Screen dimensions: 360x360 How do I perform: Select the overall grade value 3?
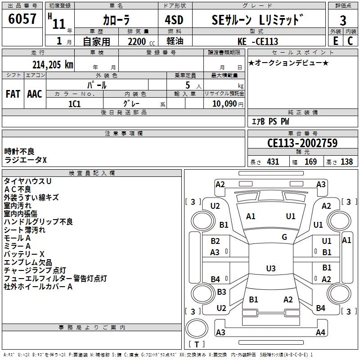pos(343,20)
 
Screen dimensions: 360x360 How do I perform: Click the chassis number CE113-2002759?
pos(302,144)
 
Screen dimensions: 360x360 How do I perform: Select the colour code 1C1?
pos(74,103)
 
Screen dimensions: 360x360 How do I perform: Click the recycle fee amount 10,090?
pos(223,103)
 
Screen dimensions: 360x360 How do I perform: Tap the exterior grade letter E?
pos(335,41)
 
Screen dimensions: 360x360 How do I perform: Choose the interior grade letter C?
pos(350,41)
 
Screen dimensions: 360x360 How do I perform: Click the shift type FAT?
pos(13,94)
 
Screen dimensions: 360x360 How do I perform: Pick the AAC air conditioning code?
pos(35,94)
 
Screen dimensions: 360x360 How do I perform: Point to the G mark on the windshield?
pos(284,237)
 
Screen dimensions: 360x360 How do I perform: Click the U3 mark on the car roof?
pos(270,269)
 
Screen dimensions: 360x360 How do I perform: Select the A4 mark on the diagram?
pos(320,333)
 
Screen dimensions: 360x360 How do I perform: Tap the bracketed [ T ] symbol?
pos(196,345)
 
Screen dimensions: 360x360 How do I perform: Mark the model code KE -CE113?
pos(258,41)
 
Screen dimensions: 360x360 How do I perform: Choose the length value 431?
pos(273,162)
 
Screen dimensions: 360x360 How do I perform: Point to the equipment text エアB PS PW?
pos(270,121)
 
